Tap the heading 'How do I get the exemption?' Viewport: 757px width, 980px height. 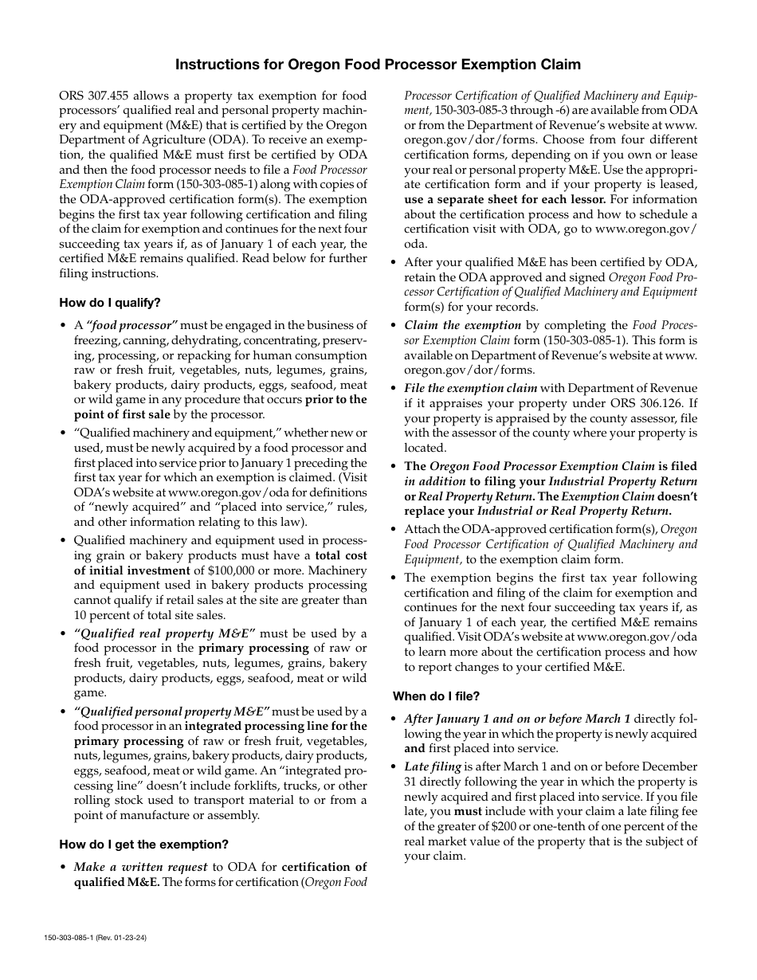(x=143, y=844)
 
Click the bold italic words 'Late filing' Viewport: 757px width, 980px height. (x=433, y=766)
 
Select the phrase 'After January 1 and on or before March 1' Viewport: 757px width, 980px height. (x=517, y=719)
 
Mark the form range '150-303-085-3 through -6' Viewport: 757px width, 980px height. (x=500, y=110)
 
